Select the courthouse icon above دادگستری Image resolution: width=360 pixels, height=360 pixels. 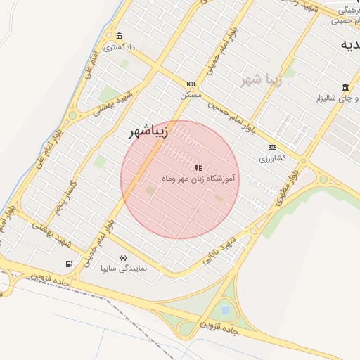119,37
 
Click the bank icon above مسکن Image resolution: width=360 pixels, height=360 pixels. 190,83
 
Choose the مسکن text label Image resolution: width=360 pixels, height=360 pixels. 191,94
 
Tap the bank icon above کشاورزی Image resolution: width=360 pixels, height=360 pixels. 272,147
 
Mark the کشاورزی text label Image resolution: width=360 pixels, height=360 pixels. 272,158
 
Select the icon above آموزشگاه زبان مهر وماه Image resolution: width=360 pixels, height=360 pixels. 198,167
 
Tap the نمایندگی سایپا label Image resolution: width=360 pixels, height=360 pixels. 124,268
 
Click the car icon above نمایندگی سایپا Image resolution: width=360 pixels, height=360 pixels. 124,257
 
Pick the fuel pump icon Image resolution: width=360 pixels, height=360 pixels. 69,264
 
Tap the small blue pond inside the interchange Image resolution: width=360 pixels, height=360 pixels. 225,309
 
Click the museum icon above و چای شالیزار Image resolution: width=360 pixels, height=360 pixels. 345,87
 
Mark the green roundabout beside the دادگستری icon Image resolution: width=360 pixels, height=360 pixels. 109,35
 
